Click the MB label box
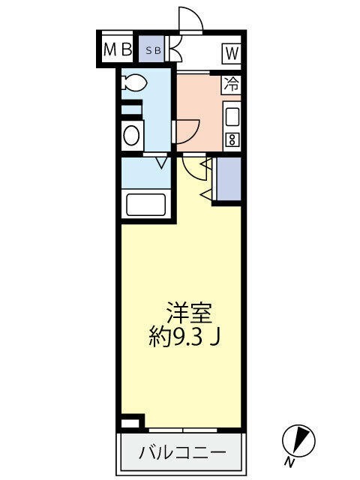coord(117,50)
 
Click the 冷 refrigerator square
coord(232,84)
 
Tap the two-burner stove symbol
coord(232,139)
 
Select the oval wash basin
coord(132,135)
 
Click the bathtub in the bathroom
coord(146,204)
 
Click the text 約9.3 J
coord(184,337)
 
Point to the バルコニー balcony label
coord(182,452)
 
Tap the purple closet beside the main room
coord(228,180)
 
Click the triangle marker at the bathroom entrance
coord(160,161)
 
